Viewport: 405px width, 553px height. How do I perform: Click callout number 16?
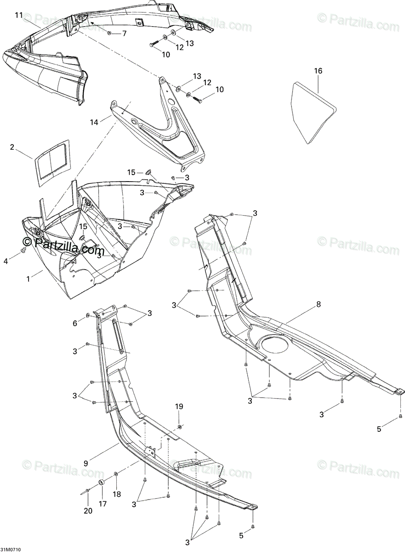[x=318, y=71]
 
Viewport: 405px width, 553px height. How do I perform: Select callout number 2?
[x=12, y=147]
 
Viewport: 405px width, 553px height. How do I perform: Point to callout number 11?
[x=18, y=15]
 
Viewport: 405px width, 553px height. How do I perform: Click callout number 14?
[x=94, y=122]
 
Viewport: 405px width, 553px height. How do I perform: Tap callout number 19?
[x=179, y=406]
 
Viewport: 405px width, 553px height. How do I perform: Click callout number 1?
[x=28, y=278]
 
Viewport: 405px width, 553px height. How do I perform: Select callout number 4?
[x=6, y=261]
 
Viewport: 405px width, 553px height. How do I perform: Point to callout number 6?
[x=75, y=324]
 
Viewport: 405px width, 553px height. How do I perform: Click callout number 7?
[x=124, y=34]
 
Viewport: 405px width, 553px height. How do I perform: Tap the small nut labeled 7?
[x=109, y=33]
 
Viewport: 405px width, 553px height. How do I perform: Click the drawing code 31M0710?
[x=11, y=550]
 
